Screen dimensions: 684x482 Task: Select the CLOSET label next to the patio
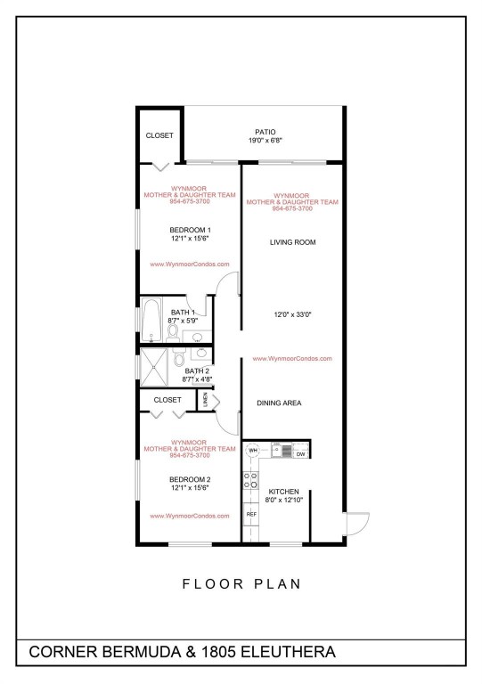tap(159, 135)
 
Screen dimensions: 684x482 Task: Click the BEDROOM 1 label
tap(190, 230)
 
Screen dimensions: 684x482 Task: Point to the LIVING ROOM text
tap(293, 242)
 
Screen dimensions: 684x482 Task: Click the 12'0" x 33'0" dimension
tap(293, 313)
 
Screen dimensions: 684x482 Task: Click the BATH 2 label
tap(197, 370)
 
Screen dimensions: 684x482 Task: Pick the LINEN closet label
tap(207, 402)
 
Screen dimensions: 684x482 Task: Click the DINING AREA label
tap(279, 403)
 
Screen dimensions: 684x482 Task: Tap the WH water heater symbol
tap(253, 452)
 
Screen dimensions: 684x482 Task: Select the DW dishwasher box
tap(300, 453)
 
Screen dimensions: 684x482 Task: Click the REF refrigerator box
tap(251, 515)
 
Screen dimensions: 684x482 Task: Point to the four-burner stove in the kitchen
tap(249, 482)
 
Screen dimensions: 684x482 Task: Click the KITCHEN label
tap(284, 493)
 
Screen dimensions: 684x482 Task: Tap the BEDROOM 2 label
tap(190, 479)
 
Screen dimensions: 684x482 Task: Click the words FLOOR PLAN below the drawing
tap(241, 584)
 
